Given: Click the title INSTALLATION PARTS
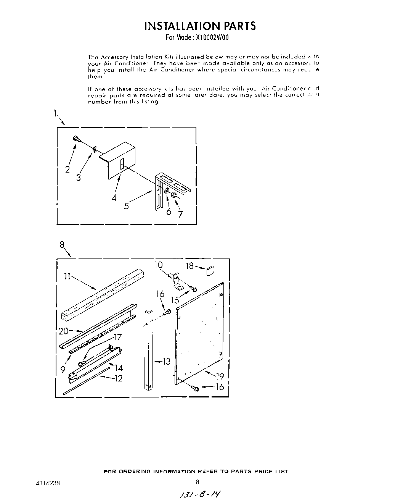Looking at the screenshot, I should (x=200, y=26).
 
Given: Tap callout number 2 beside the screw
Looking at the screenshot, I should (x=67, y=169).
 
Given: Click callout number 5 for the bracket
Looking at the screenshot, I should (x=127, y=206).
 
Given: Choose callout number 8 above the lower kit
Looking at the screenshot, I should (x=62, y=245).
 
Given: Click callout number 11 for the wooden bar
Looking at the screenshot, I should (x=67, y=276).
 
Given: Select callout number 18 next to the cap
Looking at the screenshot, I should (x=189, y=266).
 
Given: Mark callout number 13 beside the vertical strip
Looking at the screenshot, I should (x=166, y=361).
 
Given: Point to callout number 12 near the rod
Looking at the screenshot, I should (x=118, y=379).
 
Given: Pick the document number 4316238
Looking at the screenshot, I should (x=47, y=482).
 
